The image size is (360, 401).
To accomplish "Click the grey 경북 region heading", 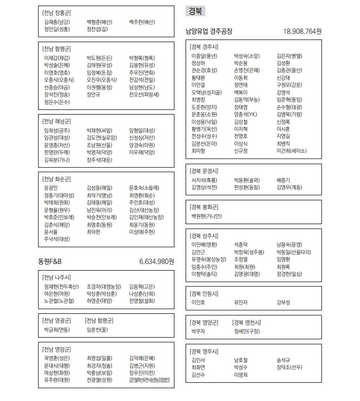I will (x=197, y=11).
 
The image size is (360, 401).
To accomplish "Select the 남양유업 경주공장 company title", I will (x=209, y=31).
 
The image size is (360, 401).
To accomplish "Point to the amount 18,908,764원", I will (x=302, y=31).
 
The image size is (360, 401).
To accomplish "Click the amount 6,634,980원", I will (x=157, y=262).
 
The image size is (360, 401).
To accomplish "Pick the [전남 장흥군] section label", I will (x=57, y=12).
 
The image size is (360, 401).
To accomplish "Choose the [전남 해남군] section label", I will (x=57, y=122).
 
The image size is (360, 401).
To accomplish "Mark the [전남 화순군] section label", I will (x=57, y=179).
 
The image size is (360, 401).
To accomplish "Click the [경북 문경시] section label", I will (x=204, y=171).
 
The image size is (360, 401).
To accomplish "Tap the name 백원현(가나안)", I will (x=206, y=216).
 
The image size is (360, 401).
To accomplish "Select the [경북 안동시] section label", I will (x=204, y=294).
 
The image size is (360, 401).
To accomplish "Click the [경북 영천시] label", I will (x=246, y=322).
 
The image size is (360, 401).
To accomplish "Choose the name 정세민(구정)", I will (x=247, y=331).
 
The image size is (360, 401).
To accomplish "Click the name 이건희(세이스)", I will (x=292, y=151).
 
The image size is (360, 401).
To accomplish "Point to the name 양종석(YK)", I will (x=246, y=115).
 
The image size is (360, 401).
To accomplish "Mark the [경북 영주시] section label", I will (x=204, y=351).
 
